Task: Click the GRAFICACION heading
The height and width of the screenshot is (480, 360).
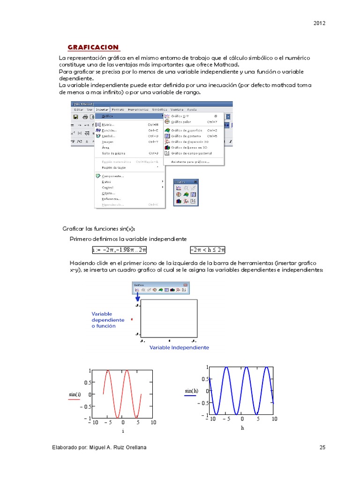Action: [x=93, y=47]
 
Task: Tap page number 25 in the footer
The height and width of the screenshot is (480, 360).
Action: [x=322, y=447]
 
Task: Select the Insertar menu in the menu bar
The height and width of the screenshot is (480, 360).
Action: [x=102, y=109]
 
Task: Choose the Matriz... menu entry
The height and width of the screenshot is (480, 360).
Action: [x=107, y=125]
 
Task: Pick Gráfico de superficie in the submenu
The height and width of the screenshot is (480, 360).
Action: [x=186, y=130]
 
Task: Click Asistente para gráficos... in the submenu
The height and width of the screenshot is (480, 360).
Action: [x=190, y=162]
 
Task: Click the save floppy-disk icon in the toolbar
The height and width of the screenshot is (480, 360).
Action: [x=75, y=117]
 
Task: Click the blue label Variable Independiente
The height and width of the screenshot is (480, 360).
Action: [x=179, y=348]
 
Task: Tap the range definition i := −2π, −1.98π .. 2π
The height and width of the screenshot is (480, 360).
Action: [x=120, y=249]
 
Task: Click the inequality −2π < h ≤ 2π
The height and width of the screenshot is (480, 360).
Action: [x=208, y=249]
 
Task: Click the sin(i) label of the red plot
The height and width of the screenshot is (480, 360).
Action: [x=75, y=395]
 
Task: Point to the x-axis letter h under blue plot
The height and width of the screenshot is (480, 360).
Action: [x=242, y=428]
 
